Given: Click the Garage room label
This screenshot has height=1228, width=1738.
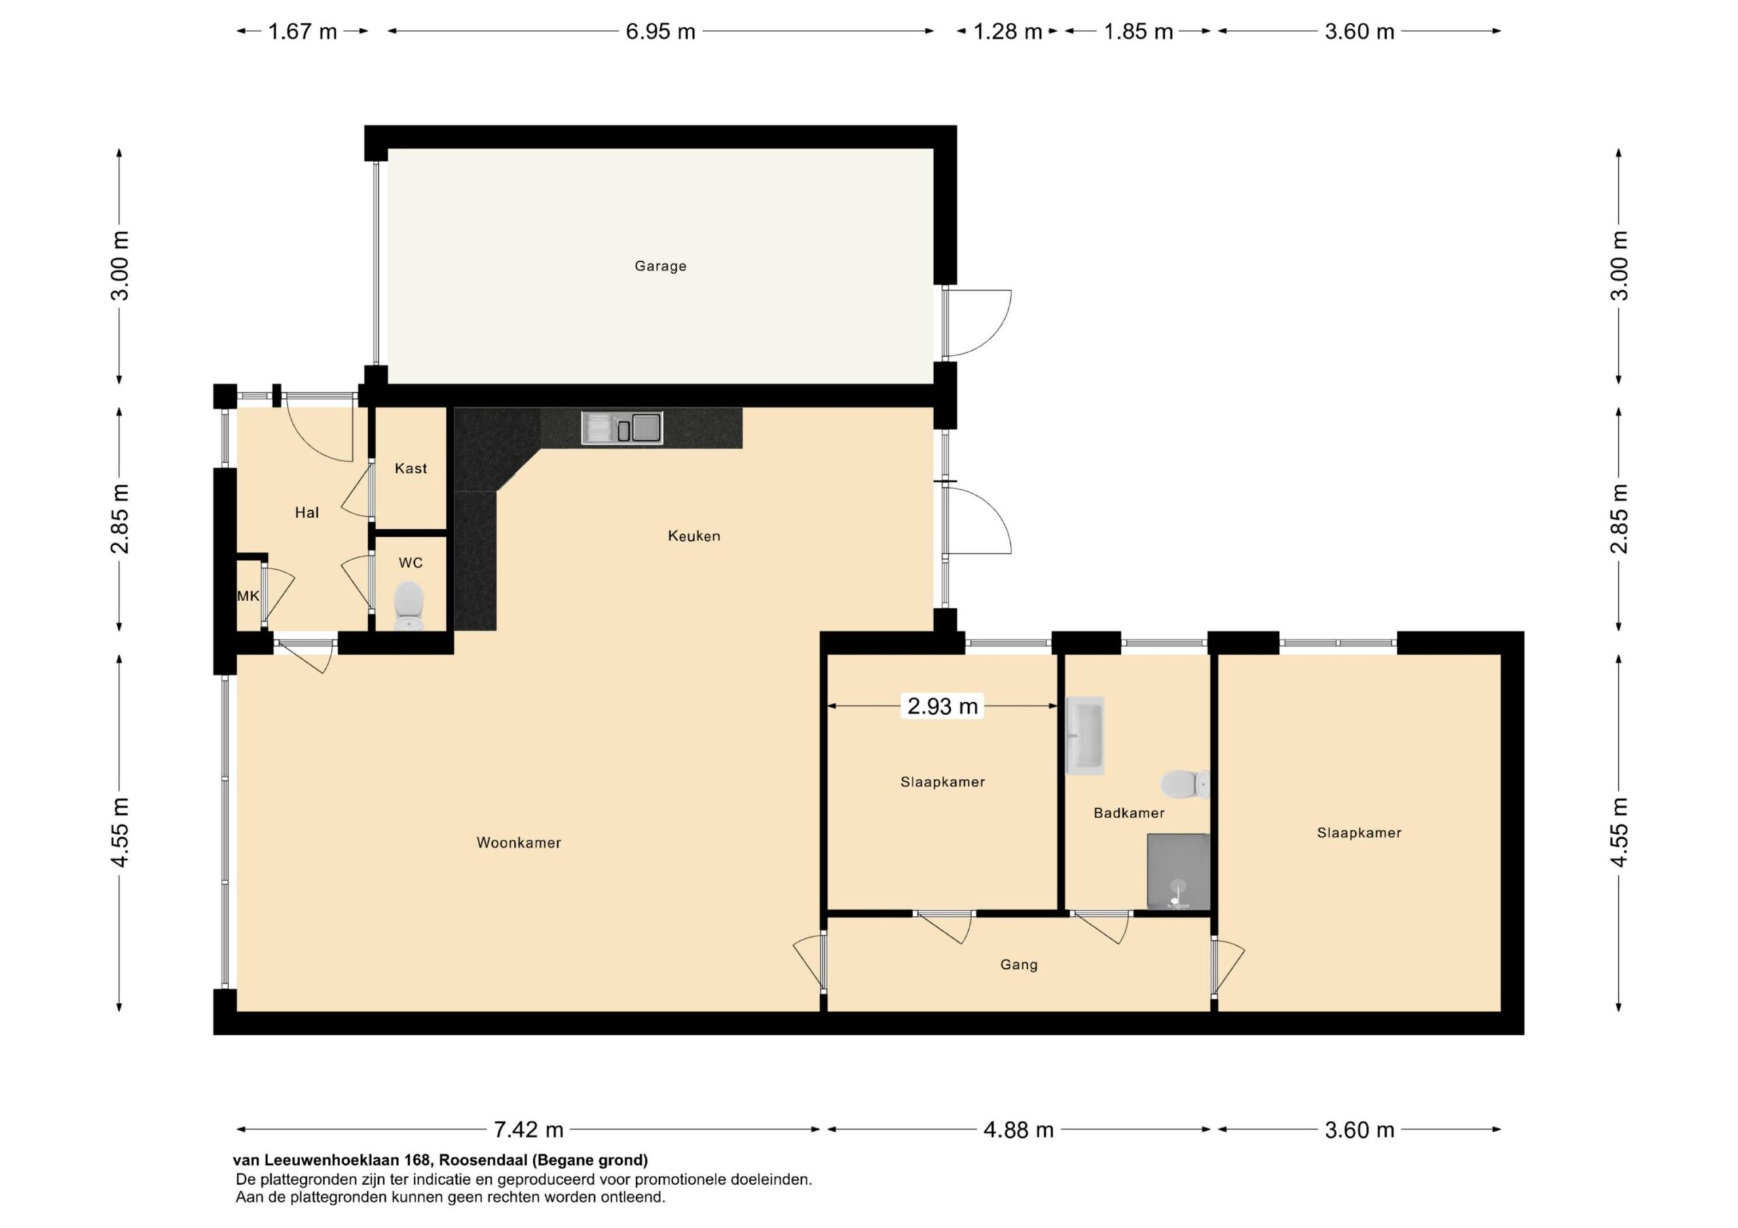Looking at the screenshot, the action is pos(660,267).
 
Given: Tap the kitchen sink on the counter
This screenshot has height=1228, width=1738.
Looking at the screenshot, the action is pos(621,427).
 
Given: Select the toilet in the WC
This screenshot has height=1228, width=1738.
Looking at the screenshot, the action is pos(409,605).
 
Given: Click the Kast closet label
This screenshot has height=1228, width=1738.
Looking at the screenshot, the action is pos(410,468).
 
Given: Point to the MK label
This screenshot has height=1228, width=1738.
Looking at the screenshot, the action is pos(248,596).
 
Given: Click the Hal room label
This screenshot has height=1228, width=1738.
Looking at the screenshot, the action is pos(307,513).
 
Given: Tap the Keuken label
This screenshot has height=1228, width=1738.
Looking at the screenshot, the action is pos(693,536).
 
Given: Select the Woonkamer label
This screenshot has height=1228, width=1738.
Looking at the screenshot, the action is pos(519,843).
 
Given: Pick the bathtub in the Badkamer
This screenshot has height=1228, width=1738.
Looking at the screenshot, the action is pos(1085,735).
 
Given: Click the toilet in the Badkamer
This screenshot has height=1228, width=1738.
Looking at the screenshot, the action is pos(1185,784).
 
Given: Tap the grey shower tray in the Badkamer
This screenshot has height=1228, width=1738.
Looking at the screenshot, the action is pos(1178,872).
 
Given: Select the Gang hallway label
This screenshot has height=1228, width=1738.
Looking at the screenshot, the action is pos(1018,965).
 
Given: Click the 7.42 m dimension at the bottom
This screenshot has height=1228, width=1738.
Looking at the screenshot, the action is pos(528,1130).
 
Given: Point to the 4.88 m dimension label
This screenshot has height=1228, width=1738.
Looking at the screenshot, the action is pos(1018,1130).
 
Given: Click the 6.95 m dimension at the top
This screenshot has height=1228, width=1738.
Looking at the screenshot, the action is pos(660,32).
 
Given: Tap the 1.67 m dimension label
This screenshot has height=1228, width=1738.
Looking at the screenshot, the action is pos(302,32).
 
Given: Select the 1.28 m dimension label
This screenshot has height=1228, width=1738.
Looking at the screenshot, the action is pos(1007,32).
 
